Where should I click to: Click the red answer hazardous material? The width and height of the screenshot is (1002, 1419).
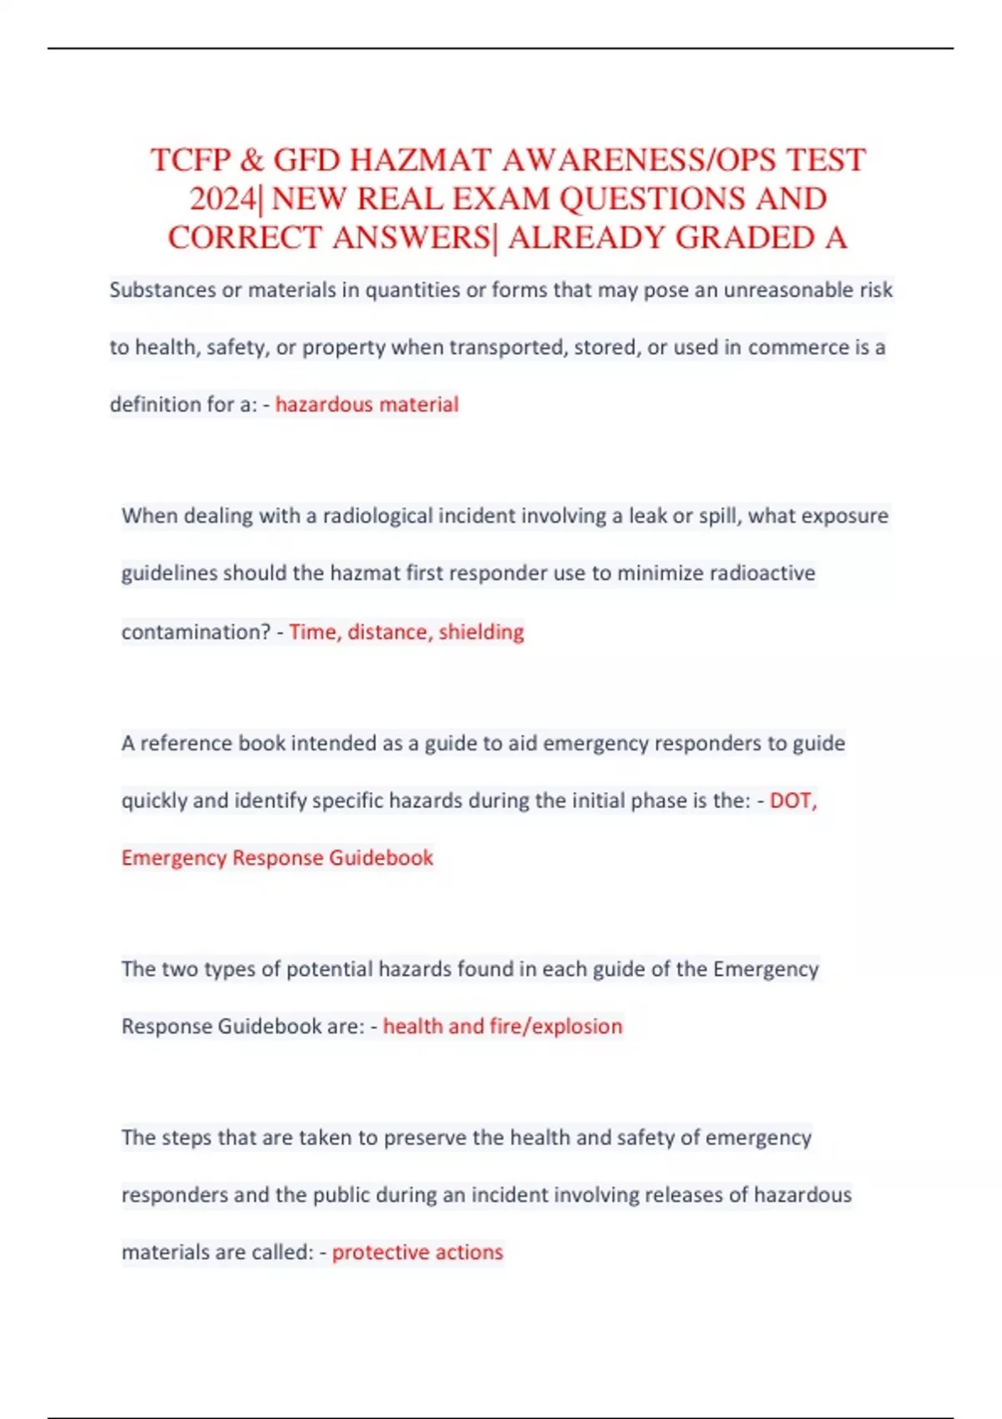point(367,405)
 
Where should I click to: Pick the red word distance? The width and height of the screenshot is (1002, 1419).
point(388,632)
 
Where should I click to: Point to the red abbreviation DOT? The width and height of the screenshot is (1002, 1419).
point(792,800)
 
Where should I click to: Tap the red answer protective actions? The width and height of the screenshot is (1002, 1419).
point(417,1252)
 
